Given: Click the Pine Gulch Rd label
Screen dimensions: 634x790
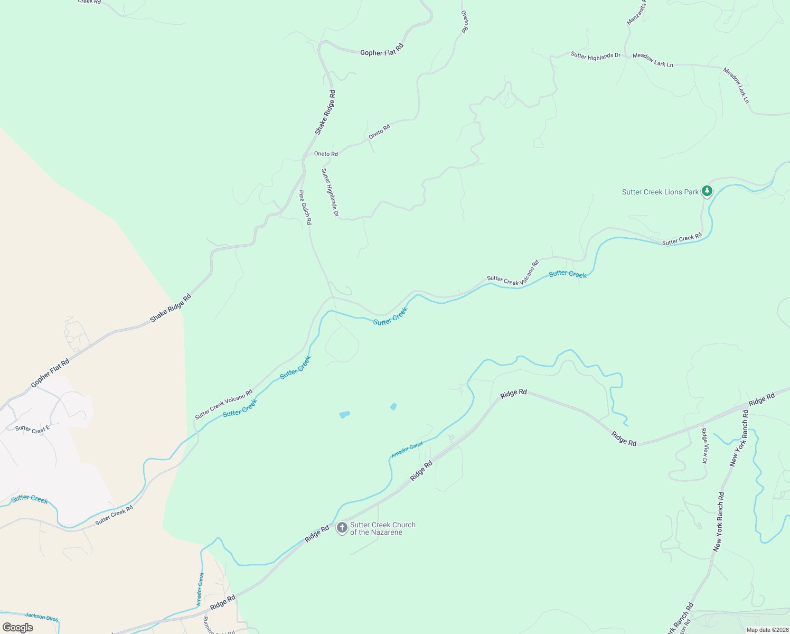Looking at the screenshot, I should [x=305, y=208].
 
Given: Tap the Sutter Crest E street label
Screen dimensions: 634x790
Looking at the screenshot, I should [x=32, y=430].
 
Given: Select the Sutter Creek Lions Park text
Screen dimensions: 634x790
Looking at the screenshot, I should [x=660, y=192].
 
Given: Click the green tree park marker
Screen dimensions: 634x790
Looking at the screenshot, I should [x=707, y=191].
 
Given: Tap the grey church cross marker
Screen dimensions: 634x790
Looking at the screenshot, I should [x=342, y=528].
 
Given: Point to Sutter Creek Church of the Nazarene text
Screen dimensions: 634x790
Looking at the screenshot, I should [x=383, y=528].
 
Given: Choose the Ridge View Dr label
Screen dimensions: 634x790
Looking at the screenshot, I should [x=704, y=446].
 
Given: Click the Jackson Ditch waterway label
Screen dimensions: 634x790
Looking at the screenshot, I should [x=42, y=617].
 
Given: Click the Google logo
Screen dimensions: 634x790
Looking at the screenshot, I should [x=17, y=628].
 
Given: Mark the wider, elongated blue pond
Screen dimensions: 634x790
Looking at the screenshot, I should [x=344, y=415].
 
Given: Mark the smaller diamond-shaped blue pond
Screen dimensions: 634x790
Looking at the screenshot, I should [x=393, y=406].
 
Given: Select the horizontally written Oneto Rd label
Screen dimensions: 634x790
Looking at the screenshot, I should [x=326, y=154].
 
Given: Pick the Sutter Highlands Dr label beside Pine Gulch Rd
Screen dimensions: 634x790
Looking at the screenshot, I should [x=330, y=192].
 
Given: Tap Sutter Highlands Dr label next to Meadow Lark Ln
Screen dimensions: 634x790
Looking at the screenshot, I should [x=595, y=55].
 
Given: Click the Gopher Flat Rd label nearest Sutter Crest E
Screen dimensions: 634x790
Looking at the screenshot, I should [x=50, y=373].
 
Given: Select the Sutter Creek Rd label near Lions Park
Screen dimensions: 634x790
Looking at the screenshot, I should [x=682, y=239].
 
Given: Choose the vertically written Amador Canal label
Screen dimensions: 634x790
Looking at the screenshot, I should [x=200, y=589].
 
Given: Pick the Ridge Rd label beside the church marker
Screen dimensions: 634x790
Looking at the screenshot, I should [x=317, y=534].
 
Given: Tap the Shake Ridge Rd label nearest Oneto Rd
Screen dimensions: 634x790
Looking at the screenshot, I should [x=325, y=112].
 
